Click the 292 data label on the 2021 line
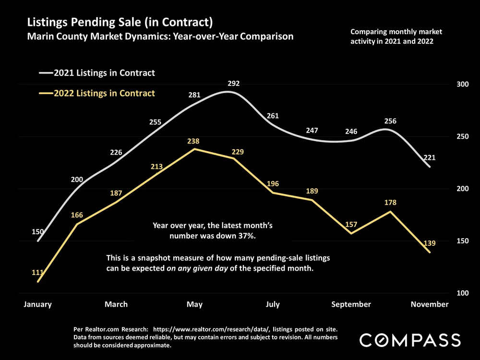233,84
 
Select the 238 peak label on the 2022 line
194,142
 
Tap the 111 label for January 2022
38,273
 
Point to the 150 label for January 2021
38,232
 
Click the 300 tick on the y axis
462,84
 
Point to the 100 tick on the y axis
462,293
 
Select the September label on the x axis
351,304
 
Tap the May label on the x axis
194,304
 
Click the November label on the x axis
430,304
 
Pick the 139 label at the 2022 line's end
429,244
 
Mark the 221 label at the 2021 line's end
429,157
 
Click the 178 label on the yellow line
390,203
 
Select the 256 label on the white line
390,121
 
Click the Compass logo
410,340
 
